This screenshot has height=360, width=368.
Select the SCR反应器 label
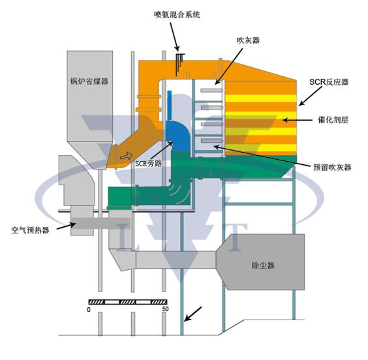(328, 83)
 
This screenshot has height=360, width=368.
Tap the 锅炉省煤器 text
(89, 82)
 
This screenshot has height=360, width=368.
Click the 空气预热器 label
(30, 230)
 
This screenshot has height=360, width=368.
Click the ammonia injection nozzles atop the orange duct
(178, 62)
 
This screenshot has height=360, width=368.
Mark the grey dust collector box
(267, 265)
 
